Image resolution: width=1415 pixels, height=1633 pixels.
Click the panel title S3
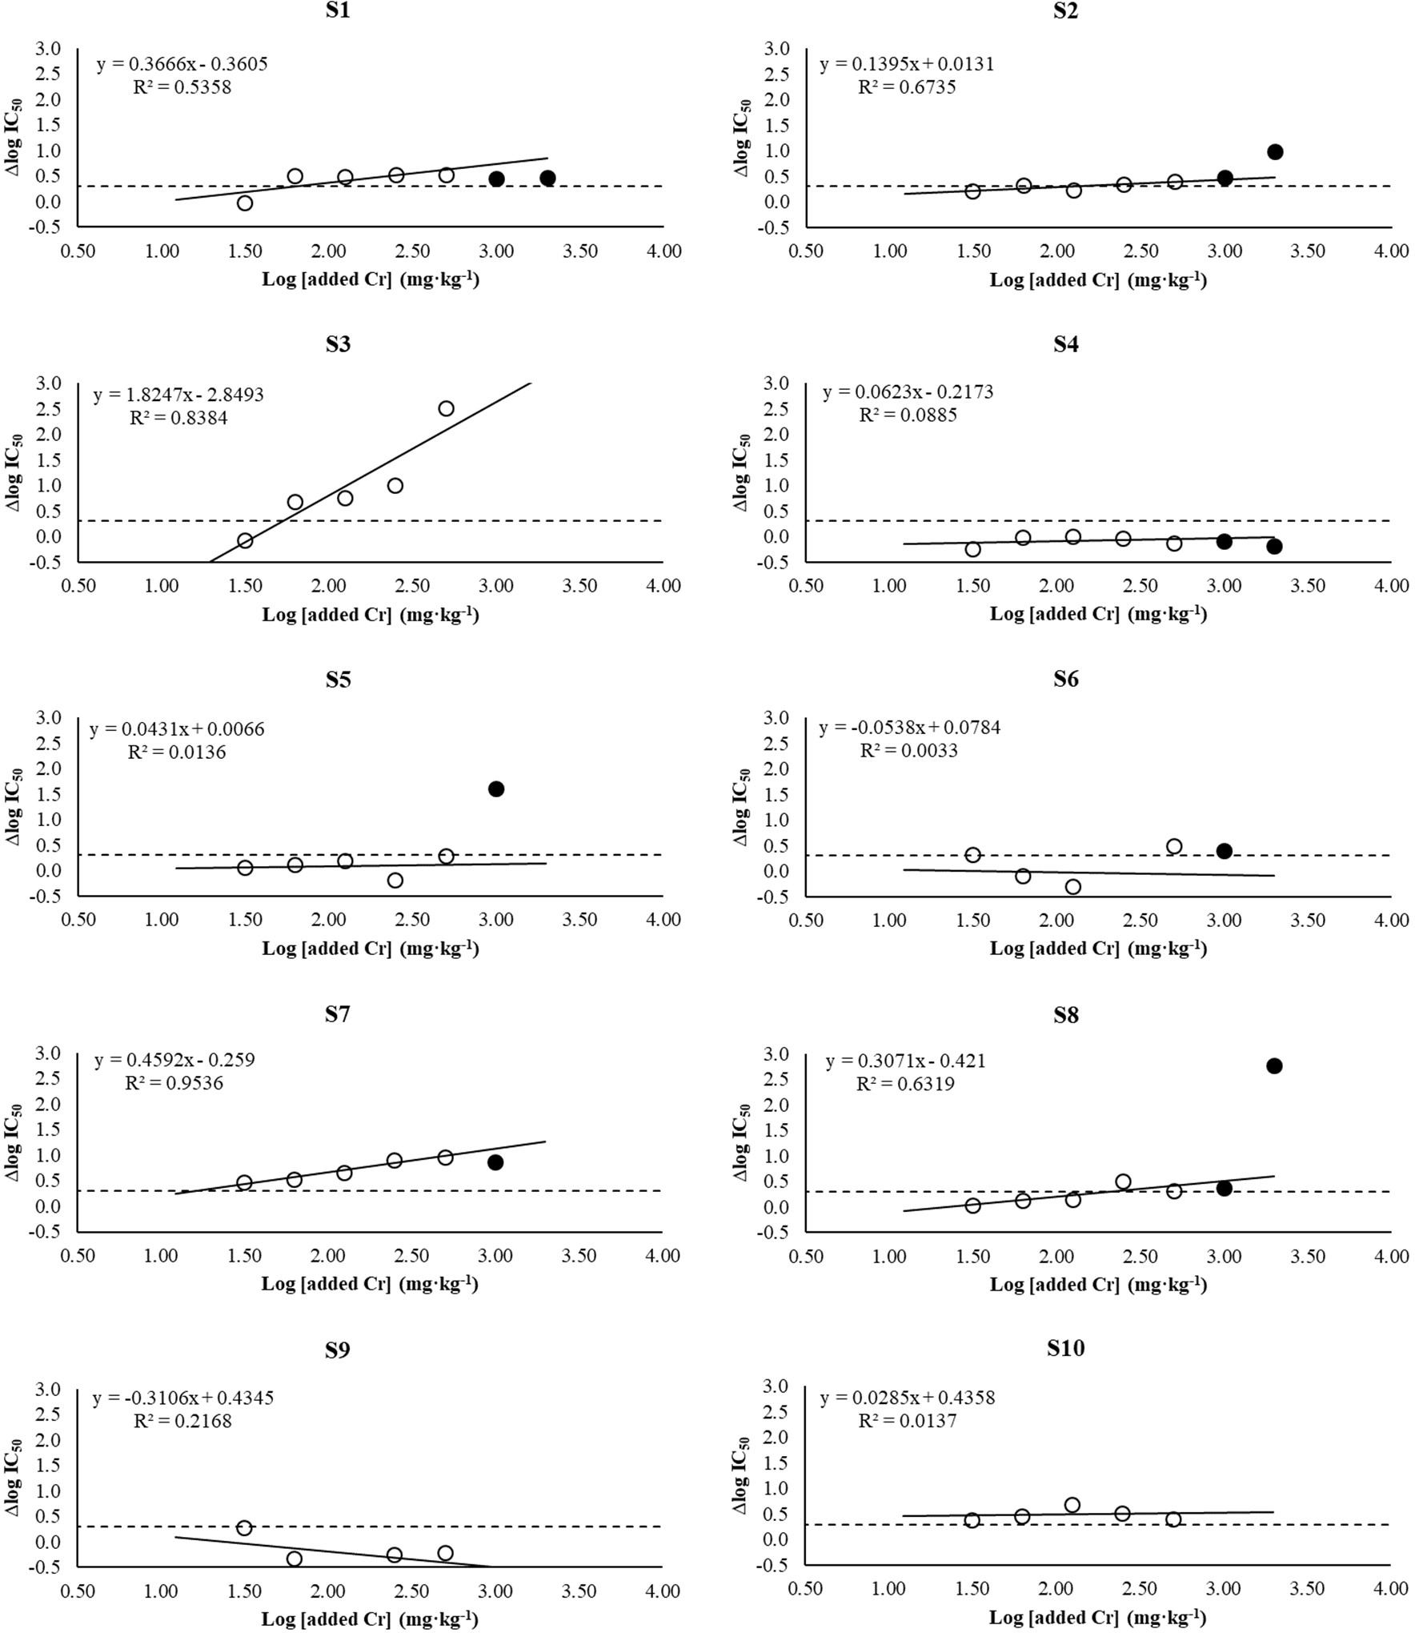tap(338, 344)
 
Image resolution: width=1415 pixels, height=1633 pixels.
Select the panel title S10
tap(1065, 1348)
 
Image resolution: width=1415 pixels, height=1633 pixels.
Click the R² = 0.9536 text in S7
tap(174, 1083)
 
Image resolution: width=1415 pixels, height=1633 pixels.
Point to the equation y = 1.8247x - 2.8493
tap(178, 395)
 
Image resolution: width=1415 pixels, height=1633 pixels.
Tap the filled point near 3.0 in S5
tap(496, 789)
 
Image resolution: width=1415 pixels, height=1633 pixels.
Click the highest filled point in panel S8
tap(1274, 1066)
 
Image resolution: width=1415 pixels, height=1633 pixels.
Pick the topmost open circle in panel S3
tap(446, 409)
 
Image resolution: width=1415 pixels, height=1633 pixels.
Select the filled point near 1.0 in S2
tap(1275, 152)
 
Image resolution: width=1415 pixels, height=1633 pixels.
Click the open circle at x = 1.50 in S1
tap(245, 203)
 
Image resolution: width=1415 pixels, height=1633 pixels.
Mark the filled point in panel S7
tap(495, 1162)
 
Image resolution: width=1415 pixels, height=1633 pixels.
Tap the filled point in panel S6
tap(1224, 851)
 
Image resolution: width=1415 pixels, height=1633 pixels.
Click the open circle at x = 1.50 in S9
tap(244, 1528)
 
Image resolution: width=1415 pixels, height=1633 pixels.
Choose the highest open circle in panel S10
tap(1072, 1505)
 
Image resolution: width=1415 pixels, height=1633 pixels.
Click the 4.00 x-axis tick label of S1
tap(663, 251)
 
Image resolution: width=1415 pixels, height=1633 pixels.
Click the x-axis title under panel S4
tap(1098, 614)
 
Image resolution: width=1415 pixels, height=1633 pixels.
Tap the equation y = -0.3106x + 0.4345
tap(183, 1398)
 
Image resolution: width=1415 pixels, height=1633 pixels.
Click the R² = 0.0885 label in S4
tap(908, 415)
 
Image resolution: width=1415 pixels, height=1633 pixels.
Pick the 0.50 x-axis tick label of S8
tap(805, 1257)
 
